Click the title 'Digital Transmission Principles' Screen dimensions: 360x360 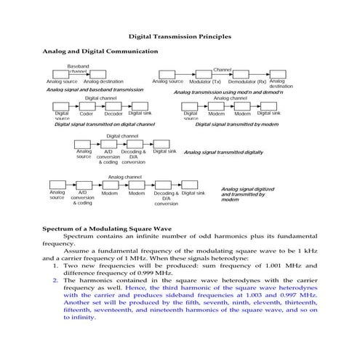[x=180, y=36]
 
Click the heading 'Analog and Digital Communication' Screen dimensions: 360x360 [x=100, y=52]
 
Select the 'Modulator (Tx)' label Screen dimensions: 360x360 [x=205, y=82]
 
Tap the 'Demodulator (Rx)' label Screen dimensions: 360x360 [x=247, y=82]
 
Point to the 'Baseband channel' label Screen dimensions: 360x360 [x=78, y=69]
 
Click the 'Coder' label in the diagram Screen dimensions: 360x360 [x=86, y=114]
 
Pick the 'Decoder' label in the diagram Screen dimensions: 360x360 [x=113, y=114]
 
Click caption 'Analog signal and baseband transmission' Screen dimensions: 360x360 [x=95, y=90]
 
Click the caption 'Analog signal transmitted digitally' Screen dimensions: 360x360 [x=223, y=153]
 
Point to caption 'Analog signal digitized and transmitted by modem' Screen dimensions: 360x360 [x=247, y=194]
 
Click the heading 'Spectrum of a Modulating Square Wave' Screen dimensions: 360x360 [x=111, y=229]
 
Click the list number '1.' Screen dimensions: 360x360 [x=55, y=265]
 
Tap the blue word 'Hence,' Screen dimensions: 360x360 [x=135, y=287]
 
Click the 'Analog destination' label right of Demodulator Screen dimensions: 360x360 [x=277, y=84]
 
